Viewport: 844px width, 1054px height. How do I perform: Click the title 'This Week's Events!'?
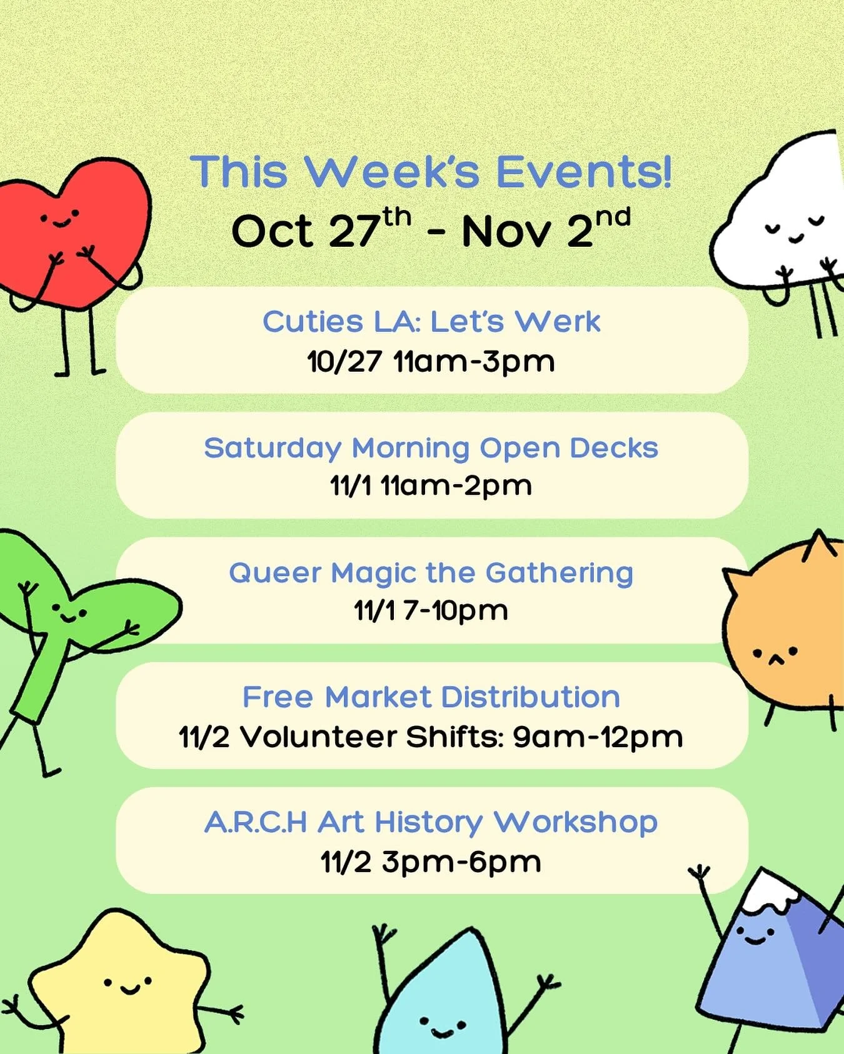pyautogui.click(x=431, y=172)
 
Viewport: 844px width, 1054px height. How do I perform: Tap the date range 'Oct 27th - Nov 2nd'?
pyautogui.click(x=431, y=229)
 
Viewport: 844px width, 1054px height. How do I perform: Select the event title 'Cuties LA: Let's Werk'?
pyautogui.click(x=431, y=322)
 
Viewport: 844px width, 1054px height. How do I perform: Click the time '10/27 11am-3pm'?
pyautogui.click(x=431, y=362)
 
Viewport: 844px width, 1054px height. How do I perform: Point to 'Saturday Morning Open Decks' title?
pyautogui.click(x=431, y=448)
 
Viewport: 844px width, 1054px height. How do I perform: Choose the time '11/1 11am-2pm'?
pyautogui.click(x=431, y=485)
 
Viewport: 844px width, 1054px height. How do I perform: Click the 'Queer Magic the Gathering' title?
pyautogui.click(x=431, y=573)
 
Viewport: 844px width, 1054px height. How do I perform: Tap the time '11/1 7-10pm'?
pyautogui.click(x=431, y=610)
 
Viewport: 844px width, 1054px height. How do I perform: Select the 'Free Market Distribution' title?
pyautogui.click(x=431, y=697)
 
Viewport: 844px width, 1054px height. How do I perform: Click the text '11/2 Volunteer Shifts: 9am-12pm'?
pyautogui.click(x=431, y=737)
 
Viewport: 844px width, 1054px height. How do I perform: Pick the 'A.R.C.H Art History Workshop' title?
pyautogui.click(x=431, y=822)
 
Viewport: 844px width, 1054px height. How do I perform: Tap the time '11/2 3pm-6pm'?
pyautogui.click(x=431, y=862)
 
